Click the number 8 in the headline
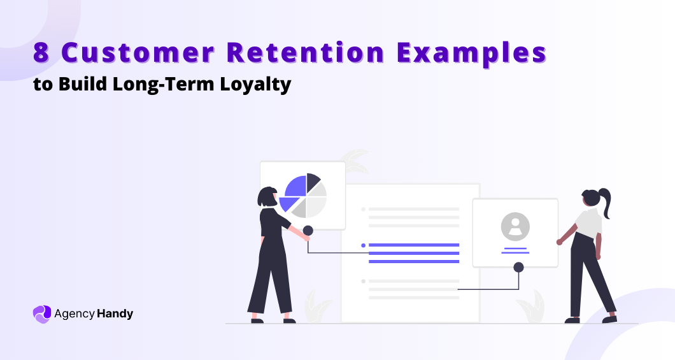click(41, 54)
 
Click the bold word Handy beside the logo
click(115, 313)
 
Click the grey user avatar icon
click(515, 226)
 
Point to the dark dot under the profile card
click(518, 267)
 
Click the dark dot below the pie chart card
click(308, 231)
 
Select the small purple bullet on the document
click(363, 245)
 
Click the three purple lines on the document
click(414, 253)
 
